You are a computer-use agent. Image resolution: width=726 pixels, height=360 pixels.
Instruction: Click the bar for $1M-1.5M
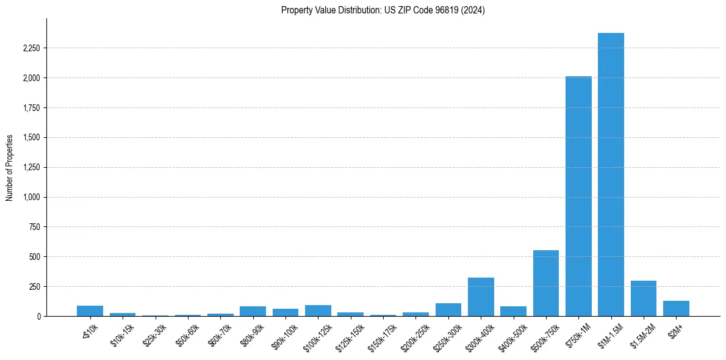click(x=611, y=175)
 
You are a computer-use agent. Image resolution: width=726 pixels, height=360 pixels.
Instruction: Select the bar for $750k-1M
click(x=578, y=196)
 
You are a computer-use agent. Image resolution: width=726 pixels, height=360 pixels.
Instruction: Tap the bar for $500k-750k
click(x=546, y=283)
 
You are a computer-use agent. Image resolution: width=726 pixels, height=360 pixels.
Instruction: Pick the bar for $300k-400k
click(x=481, y=297)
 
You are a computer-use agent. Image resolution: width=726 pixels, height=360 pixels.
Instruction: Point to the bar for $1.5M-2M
click(x=644, y=298)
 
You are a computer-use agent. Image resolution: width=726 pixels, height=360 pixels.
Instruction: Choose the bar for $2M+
click(x=676, y=308)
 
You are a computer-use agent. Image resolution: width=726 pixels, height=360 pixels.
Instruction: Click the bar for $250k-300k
click(x=448, y=309)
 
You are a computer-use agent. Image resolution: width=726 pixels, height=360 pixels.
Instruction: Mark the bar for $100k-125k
click(x=318, y=311)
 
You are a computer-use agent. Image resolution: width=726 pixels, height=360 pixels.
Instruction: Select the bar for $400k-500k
click(x=513, y=311)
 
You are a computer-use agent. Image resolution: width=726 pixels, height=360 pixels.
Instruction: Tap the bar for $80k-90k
click(x=253, y=311)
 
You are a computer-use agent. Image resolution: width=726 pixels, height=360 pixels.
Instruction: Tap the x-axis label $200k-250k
click(x=415, y=336)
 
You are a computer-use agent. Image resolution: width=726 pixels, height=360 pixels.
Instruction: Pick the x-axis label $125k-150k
click(x=350, y=336)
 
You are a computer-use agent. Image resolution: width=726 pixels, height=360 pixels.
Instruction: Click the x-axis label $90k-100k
click(x=286, y=336)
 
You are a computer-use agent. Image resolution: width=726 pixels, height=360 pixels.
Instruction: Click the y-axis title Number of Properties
click(x=9, y=167)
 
